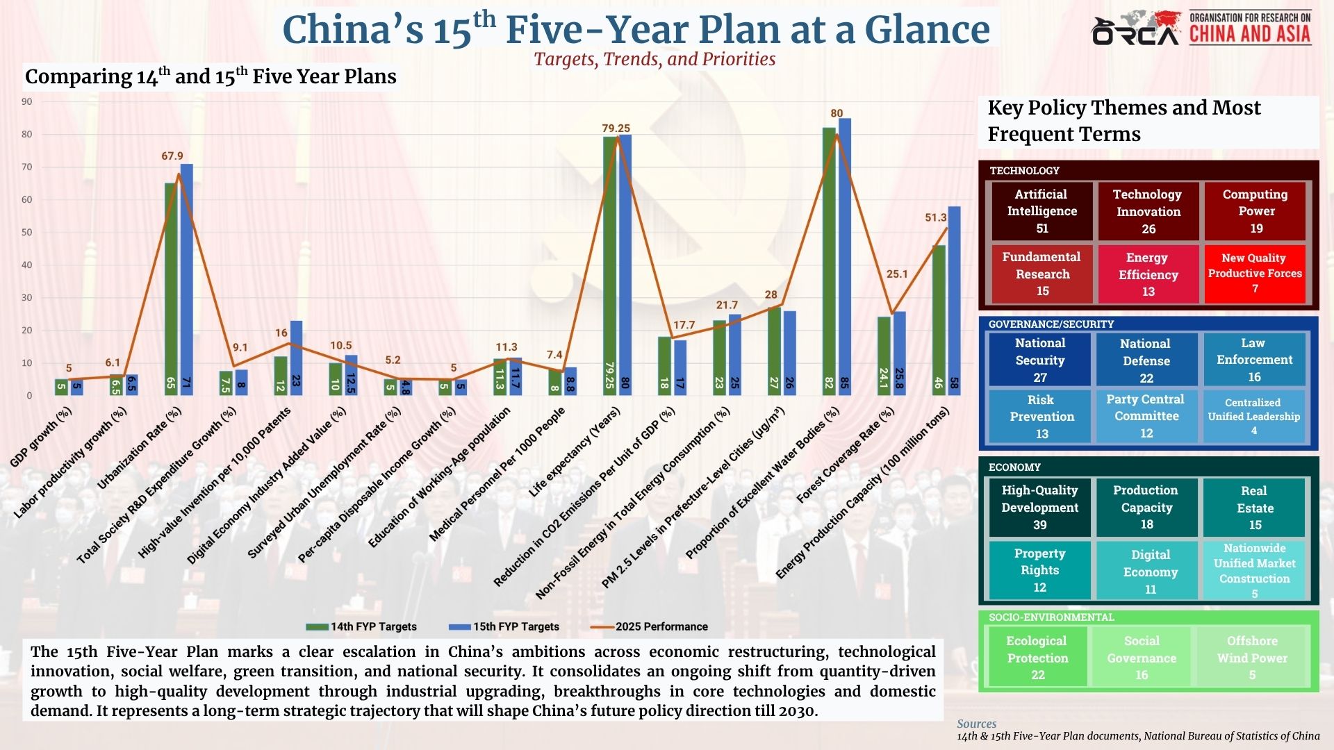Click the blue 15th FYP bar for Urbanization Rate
tap(187, 278)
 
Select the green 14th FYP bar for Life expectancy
tap(609, 264)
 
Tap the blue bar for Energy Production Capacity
tap(954, 299)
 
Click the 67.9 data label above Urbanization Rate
tap(172, 156)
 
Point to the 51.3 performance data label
tap(936, 218)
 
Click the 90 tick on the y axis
tap(26, 102)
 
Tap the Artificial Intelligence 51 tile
tap(1041, 211)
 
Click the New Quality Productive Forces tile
tap(1254, 274)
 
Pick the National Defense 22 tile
tap(1146, 360)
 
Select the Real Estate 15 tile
tap(1255, 508)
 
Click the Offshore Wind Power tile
tap(1252, 658)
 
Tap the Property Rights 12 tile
tap(1039, 570)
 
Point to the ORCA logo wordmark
tap(1135, 31)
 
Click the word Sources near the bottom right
tap(976, 724)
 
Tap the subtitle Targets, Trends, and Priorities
tap(654, 60)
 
